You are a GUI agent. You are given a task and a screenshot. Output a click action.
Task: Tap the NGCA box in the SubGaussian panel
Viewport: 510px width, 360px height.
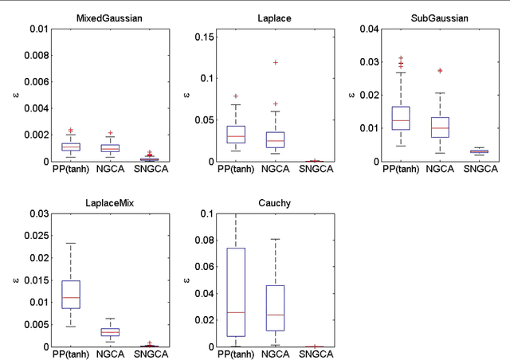(x=440, y=127)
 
